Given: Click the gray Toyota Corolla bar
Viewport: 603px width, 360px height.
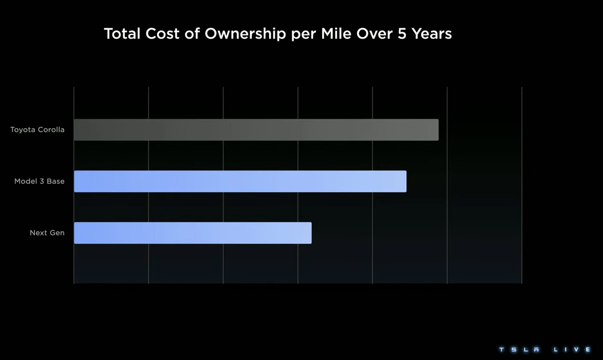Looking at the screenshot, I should pos(256,130).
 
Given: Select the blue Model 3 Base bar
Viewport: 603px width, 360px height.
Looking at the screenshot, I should pos(240,181).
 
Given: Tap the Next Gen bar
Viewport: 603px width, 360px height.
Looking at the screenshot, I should pos(192,233).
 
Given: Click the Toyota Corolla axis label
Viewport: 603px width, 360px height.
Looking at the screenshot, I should pos(38,130).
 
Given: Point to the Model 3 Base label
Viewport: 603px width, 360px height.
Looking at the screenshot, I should pos(40,181).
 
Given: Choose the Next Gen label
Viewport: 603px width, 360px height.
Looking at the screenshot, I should pos(47,233).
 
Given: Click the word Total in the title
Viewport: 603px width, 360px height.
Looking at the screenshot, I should pos(122,34).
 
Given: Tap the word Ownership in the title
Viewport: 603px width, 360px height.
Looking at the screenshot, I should pos(245,34).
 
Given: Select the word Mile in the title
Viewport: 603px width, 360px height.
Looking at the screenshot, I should pos(336,34).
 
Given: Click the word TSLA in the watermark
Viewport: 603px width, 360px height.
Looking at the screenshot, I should pos(519,350).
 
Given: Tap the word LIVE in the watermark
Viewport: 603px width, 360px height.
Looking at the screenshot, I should pos(572,350).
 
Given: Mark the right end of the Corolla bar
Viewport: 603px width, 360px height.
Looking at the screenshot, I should pos(437,130).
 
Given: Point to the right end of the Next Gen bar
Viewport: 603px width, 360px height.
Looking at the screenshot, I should pos(310,233).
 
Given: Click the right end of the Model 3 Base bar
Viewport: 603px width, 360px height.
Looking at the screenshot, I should pos(405,181).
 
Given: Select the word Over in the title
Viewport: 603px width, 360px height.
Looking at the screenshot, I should pos(374,34).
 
